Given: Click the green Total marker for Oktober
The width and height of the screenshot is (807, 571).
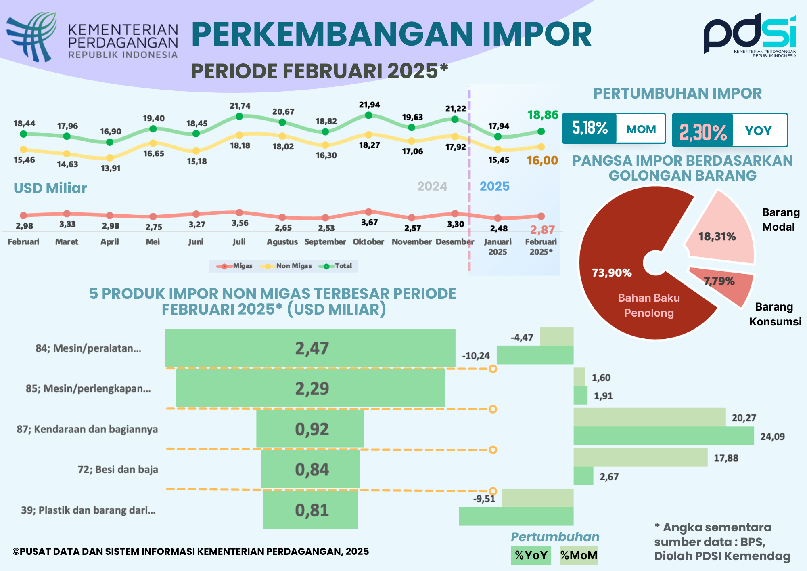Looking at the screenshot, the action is tap(368, 115).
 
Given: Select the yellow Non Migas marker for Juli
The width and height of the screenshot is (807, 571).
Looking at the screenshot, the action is tap(239, 135).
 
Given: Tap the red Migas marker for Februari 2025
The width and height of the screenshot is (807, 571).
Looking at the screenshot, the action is tap(541, 216).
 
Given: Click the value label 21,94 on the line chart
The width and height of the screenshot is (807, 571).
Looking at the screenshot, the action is tap(370, 105).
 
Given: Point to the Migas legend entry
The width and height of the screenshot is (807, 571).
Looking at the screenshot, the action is tap(234, 266).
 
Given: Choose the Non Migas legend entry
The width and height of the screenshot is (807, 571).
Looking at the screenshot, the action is tap(286, 266).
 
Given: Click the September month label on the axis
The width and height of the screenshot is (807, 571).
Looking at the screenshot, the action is tap(325, 241).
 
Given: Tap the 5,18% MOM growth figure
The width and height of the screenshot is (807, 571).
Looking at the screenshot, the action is tap(590, 128).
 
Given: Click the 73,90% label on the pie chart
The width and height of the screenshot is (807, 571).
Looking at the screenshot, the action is tap(612, 273).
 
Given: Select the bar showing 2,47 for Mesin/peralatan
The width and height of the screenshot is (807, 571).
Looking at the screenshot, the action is tap(310, 348).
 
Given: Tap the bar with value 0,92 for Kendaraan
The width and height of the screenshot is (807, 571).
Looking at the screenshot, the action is tap(310, 429).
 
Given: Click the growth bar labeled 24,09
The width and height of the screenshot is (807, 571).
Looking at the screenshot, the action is tap(664, 436).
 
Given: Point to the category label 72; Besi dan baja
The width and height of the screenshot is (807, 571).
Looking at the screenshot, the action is tap(118, 470).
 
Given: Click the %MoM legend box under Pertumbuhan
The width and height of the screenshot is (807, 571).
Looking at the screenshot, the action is tap(579, 555).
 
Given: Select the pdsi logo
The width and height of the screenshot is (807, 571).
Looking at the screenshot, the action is tap(750, 35).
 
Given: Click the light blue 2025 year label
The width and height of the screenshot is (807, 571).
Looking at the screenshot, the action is tap(495, 186).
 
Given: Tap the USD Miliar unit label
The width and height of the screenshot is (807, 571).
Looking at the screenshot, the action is tap(50, 188).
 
